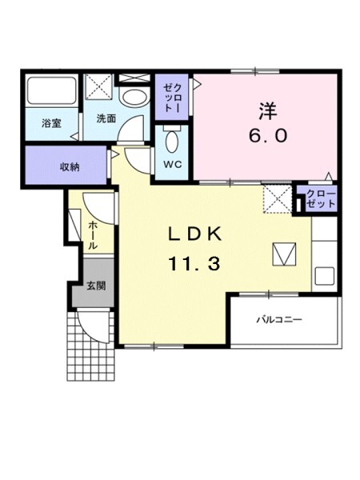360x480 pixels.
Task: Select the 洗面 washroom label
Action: coord(106,118)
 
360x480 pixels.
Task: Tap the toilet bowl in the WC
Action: coord(172,141)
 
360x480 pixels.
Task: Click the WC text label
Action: coord(172,165)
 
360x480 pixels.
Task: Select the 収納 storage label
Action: coord(70,166)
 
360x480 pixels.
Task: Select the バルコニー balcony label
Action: coord(279,320)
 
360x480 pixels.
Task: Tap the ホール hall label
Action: coord(94,236)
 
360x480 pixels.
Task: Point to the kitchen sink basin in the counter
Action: coord(325,277)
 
